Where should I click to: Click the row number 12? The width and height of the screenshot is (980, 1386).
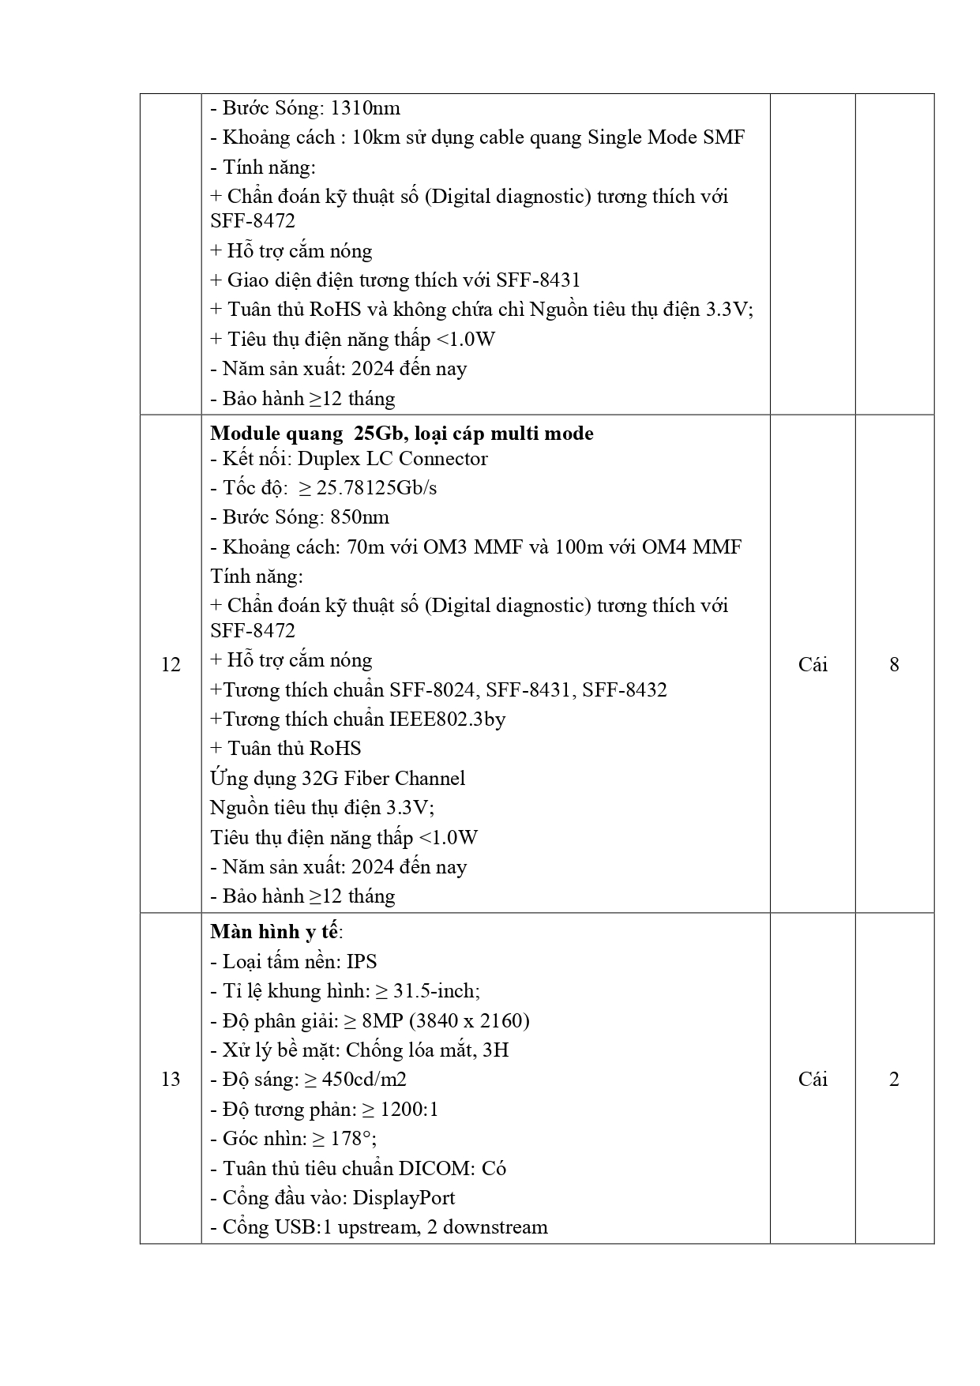coord(171,665)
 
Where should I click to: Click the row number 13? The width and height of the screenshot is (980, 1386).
coord(171,1080)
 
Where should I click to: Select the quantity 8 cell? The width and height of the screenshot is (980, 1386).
coord(894,665)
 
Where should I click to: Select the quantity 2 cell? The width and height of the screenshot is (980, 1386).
coord(894,1080)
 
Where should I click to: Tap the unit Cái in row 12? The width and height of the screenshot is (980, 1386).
coord(813,665)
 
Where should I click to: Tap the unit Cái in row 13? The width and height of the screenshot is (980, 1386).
coord(813,1080)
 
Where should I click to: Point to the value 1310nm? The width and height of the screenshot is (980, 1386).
coord(365,108)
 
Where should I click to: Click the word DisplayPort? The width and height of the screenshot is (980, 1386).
coord(404,1198)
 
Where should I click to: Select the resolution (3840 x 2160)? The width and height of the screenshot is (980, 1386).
coord(469,1021)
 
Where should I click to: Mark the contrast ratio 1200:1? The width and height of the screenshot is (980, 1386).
coord(409,1110)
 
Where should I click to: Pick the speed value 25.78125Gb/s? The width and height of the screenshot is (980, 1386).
coord(376,488)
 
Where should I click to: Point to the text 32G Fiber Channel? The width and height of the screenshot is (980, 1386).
coord(384,779)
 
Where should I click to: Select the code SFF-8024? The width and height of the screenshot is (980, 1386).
coord(433,690)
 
